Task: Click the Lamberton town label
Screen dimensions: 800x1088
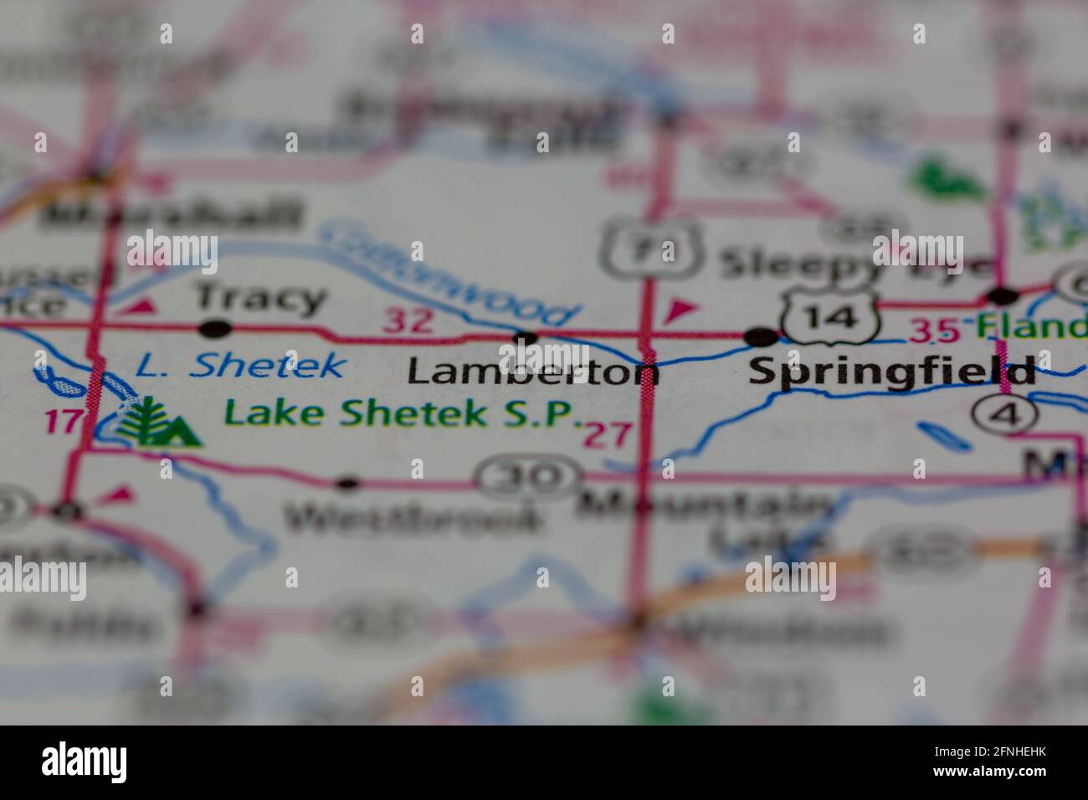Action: (532, 372)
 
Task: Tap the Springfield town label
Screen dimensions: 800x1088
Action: (890, 370)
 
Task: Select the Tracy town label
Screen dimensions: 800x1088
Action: (260, 297)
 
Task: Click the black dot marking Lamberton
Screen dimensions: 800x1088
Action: (525, 338)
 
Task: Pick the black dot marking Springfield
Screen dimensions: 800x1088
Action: (761, 336)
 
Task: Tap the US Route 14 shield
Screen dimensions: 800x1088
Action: (829, 315)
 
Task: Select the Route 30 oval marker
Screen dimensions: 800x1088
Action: (530, 478)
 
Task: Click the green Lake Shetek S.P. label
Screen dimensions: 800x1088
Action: (403, 413)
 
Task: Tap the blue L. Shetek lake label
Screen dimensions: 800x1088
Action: (239, 365)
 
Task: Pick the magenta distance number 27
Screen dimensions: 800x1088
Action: (609, 434)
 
